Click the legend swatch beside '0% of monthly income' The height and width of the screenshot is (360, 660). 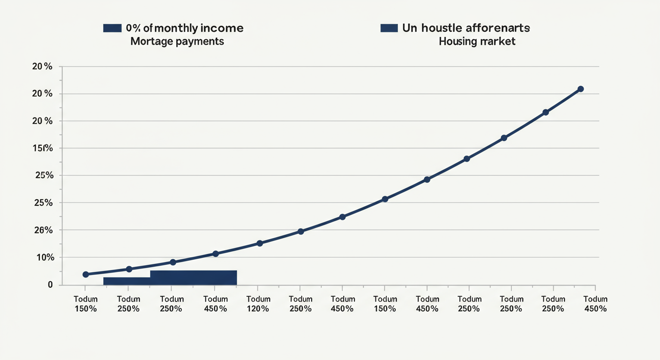coord(112,28)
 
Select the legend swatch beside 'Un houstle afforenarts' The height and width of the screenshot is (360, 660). coord(389,28)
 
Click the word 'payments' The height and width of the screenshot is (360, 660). coord(201,41)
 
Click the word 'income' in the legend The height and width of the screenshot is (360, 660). coord(224,28)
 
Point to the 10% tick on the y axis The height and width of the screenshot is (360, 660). coord(43,257)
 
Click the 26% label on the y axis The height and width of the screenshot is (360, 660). coord(43,230)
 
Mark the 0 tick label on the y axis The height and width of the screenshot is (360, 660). coord(50,285)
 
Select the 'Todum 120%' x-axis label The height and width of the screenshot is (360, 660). coord(258,304)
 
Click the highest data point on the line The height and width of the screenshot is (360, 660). coord(580,89)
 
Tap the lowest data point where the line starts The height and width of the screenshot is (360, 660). coord(86,274)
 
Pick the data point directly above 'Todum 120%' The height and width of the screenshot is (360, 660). coord(260,243)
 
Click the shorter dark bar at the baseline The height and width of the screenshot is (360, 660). coord(127,281)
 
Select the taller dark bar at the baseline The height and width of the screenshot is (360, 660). coord(193,277)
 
